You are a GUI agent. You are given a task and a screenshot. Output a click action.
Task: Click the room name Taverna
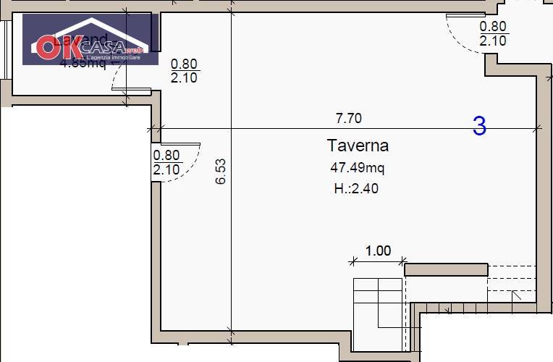point(358,146)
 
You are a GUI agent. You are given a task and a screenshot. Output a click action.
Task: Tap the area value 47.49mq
point(358,168)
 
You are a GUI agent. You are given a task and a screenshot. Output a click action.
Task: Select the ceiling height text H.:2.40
point(356,189)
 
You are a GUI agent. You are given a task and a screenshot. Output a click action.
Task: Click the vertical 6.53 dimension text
point(221,172)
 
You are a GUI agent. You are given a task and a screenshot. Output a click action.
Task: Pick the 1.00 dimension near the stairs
point(378,251)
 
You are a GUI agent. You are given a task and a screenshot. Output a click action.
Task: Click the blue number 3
point(479,126)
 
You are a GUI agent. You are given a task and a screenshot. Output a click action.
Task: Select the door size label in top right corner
point(494,34)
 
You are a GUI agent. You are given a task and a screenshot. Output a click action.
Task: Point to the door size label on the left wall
point(166,162)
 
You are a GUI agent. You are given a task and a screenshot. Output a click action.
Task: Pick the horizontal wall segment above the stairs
point(445,270)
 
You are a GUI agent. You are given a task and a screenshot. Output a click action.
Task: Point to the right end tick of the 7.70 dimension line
point(536,129)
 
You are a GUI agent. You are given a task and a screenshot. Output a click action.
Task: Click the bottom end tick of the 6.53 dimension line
point(231,332)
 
